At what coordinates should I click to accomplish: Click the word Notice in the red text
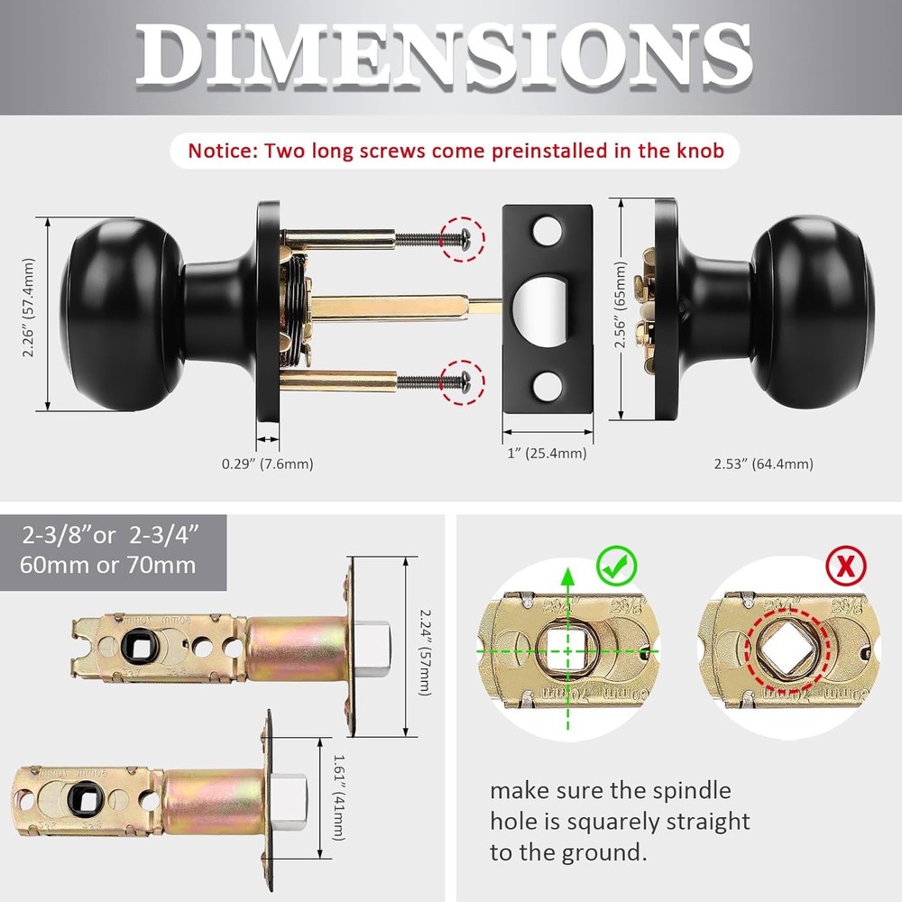[222, 150]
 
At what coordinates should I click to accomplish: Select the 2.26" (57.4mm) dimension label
[30, 307]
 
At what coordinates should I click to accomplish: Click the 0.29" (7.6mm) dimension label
[268, 465]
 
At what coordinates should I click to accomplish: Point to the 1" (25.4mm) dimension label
[547, 454]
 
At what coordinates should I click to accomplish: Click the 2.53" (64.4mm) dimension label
[763, 465]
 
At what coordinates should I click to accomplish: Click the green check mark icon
[617, 566]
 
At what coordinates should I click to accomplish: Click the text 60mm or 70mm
[108, 566]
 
